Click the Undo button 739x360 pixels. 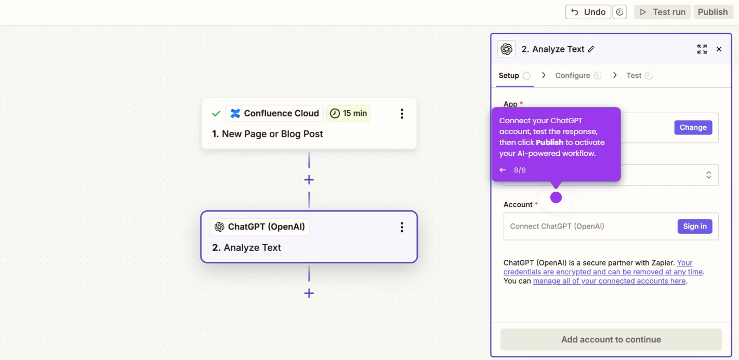[588, 12]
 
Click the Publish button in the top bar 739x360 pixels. [712, 12]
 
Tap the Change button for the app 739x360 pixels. [693, 127]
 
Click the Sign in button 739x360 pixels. [694, 226]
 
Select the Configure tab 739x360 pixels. [573, 75]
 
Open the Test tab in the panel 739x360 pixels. [634, 75]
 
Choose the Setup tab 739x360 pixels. [509, 75]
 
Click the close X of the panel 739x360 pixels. [719, 49]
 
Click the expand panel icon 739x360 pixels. [702, 49]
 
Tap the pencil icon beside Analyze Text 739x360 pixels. [591, 49]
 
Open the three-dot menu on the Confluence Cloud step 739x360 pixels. [402, 114]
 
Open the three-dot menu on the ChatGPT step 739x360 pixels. [402, 227]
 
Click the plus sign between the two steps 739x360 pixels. [309, 180]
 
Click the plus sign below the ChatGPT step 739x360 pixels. [309, 293]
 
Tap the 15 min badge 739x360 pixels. [348, 113]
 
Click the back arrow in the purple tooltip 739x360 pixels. [503, 170]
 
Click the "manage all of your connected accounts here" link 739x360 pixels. [609, 281]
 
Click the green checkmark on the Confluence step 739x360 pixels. [216, 113]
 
